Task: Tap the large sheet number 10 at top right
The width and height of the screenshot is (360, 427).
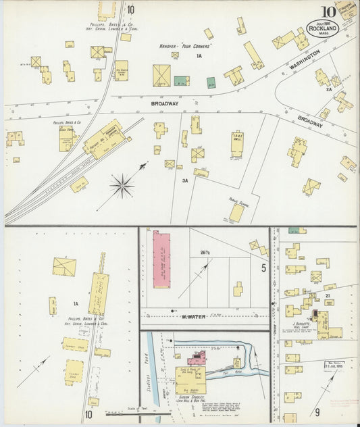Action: tap(328, 11)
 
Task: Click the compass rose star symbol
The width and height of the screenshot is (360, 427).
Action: tap(122, 182)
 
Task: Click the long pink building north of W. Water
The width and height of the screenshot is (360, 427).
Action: tap(162, 259)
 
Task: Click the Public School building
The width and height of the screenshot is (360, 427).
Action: tap(236, 212)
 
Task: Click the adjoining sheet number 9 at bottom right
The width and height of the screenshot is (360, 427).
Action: tap(315, 410)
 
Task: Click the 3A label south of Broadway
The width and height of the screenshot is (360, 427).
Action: tap(184, 181)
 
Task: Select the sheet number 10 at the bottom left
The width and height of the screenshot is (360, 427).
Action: tap(89, 413)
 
